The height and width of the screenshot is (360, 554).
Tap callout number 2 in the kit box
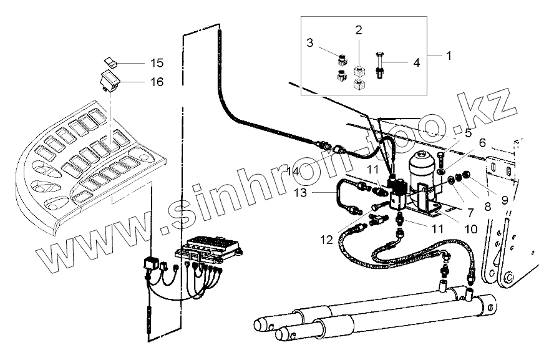pyautogui.click(x=359, y=29)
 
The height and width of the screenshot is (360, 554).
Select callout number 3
pyautogui.click(x=309, y=43)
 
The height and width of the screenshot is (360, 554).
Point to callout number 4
pyautogui.click(x=416, y=62)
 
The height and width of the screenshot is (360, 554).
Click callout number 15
pyautogui.click(x=156, y=63)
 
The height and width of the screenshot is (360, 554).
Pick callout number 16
pyautogui.click(x=156, y=82)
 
